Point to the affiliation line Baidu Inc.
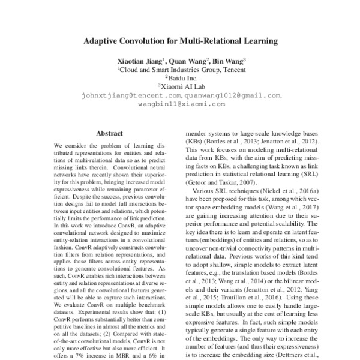[181, 77]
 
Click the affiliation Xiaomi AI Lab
[181, 86]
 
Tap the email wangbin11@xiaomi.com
[181, 103]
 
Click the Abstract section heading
[109, 133]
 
